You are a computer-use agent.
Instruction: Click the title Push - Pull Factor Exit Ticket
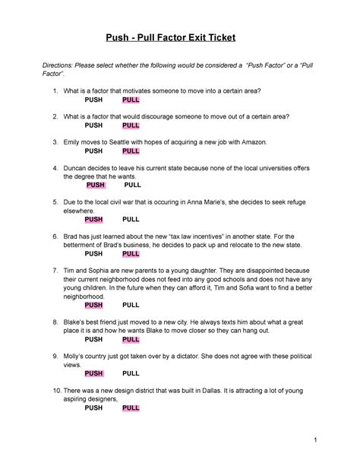point(179,37)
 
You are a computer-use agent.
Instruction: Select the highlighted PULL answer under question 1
point(131,100)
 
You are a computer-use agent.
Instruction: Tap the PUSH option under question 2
point(93,125)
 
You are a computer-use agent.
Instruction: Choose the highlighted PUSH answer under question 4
point(95,185)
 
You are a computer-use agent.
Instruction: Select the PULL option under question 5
point(131,219)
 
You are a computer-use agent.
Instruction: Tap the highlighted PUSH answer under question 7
point(93,305)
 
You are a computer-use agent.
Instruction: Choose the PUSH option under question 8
point(93,340)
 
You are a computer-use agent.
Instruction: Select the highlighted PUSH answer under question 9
point(93,374)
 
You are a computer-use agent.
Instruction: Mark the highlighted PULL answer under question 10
point(131,408)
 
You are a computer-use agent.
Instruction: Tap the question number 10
point(52,391)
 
